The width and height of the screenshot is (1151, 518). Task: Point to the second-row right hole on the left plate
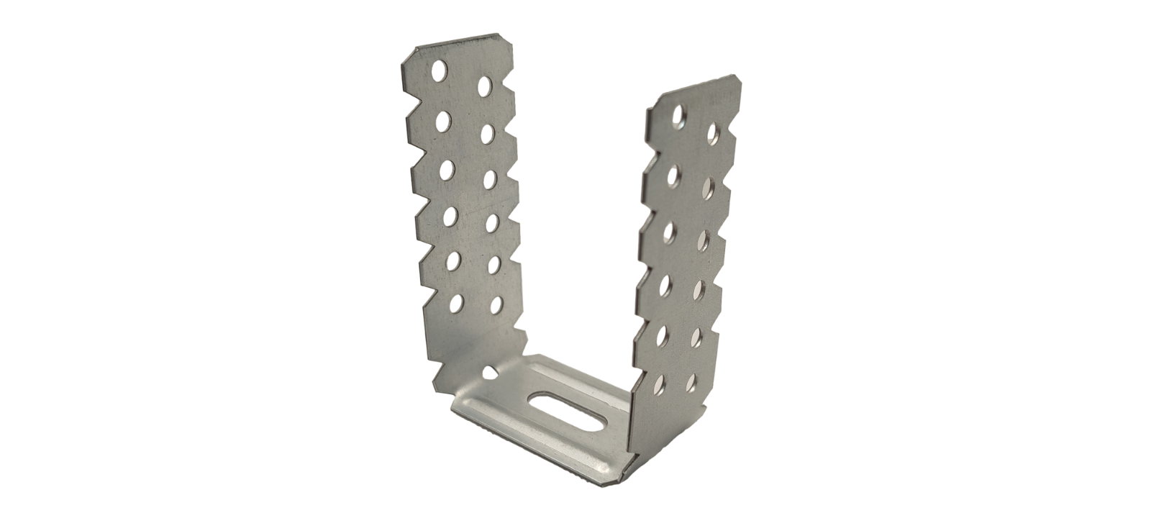pos(486,132)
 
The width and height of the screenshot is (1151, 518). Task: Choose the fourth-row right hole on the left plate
pos(491,222)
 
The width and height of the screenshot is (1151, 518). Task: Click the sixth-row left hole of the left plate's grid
pos(456,303)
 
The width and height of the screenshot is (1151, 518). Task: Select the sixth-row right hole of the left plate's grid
pos(496,305)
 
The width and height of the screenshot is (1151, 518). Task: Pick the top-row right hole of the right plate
pos(714,132)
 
